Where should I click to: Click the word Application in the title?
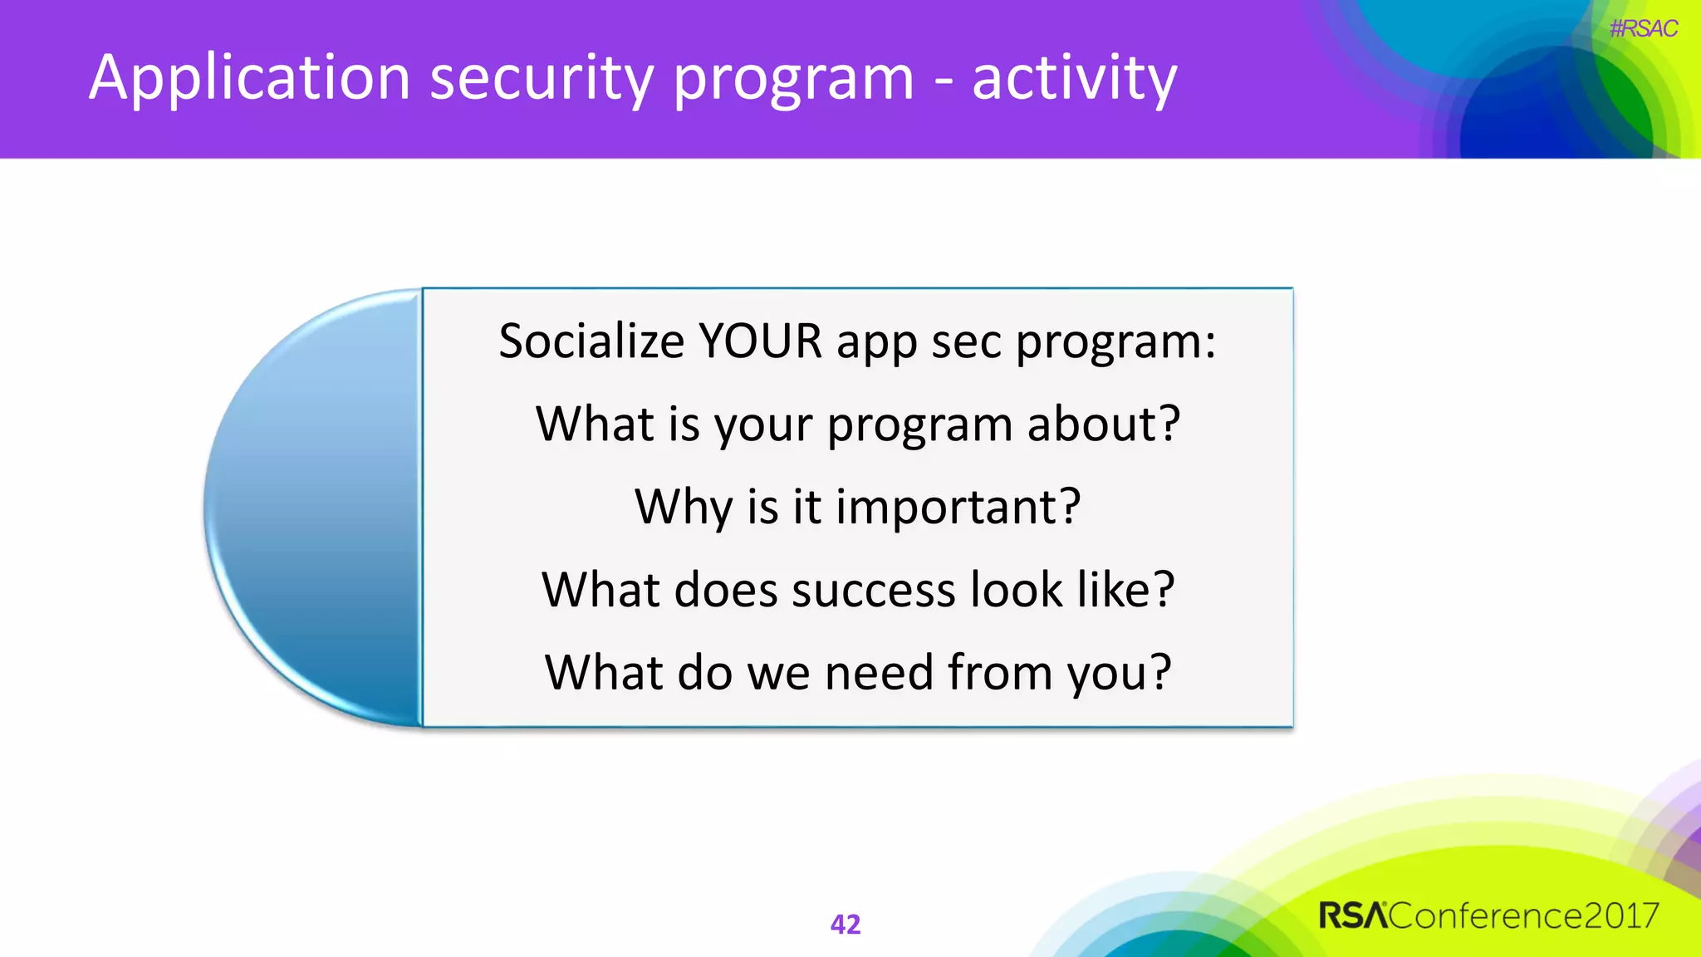click(249, 79)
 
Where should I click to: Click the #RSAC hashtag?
click(1643, 29)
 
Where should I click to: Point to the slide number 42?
click(846, 924)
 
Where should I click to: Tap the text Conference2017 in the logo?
click(1524, 915)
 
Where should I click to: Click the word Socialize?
click(591, 341)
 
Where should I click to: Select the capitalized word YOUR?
click(760, 341)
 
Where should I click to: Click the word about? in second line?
click(1103, 424)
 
